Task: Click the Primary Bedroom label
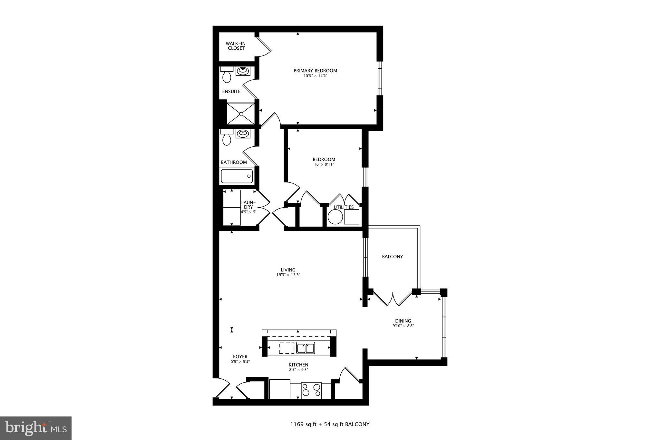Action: click(x=315, y=71)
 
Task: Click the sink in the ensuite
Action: click(x=243, y=71)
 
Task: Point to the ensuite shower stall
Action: click(x=240, y=113)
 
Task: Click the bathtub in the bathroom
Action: click(x=237, y=176)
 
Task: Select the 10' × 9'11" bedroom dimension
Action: click(x=324, y=164)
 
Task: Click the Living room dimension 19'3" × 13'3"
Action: click(x=288, y=275)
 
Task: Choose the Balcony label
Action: click(x=392, y=257)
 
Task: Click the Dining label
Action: click(x=403, y=321)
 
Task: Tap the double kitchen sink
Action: click(x=306, y=348)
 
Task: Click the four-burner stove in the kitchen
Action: click(x=311, y=390)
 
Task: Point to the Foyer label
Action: click(x=240, y=357)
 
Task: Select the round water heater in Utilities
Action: click(x=335, y=217)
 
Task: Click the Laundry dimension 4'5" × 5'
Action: click(x=248, y=212)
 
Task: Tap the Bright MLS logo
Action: click(x=36, y=428)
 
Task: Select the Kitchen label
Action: click(x=298, y=365)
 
